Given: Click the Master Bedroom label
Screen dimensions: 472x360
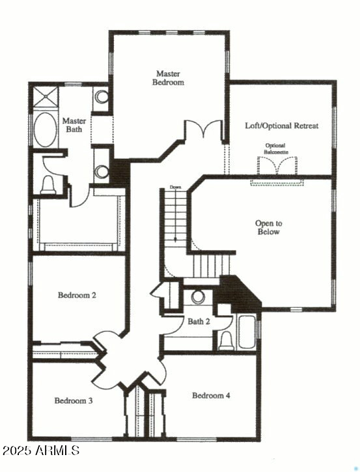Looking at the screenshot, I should [x=169, y=78].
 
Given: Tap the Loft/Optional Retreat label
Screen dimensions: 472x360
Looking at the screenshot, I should [x=281, y=125].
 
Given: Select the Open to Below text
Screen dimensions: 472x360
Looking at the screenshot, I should [x=268, y=227].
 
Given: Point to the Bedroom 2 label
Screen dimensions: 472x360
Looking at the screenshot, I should [x=77, y=295].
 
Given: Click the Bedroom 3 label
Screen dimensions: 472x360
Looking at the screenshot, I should [x=73, y=400].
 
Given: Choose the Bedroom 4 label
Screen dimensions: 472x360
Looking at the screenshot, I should [x=211, y=395].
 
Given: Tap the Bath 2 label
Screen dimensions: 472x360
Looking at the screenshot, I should [x=199, y=321].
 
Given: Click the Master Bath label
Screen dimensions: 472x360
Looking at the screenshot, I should [x=74, y=125].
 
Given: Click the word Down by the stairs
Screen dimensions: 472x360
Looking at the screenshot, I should [x=175, y=187].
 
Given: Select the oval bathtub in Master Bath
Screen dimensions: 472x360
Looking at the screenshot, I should [x=45, y=130].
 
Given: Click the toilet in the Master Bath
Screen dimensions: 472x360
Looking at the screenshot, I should [x=48, y=186].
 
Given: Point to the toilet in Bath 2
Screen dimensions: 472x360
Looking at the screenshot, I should [x=226, y=340].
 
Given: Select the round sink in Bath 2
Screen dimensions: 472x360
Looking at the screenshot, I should [x=198, y=297].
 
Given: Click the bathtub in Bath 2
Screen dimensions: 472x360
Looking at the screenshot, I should [x=247, y=333].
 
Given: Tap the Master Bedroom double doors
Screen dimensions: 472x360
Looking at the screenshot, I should [x=195, y=130].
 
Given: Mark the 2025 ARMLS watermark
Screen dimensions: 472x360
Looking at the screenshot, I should [x=40, y=451].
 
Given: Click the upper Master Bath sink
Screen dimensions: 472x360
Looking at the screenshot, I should [x=102, y=98].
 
